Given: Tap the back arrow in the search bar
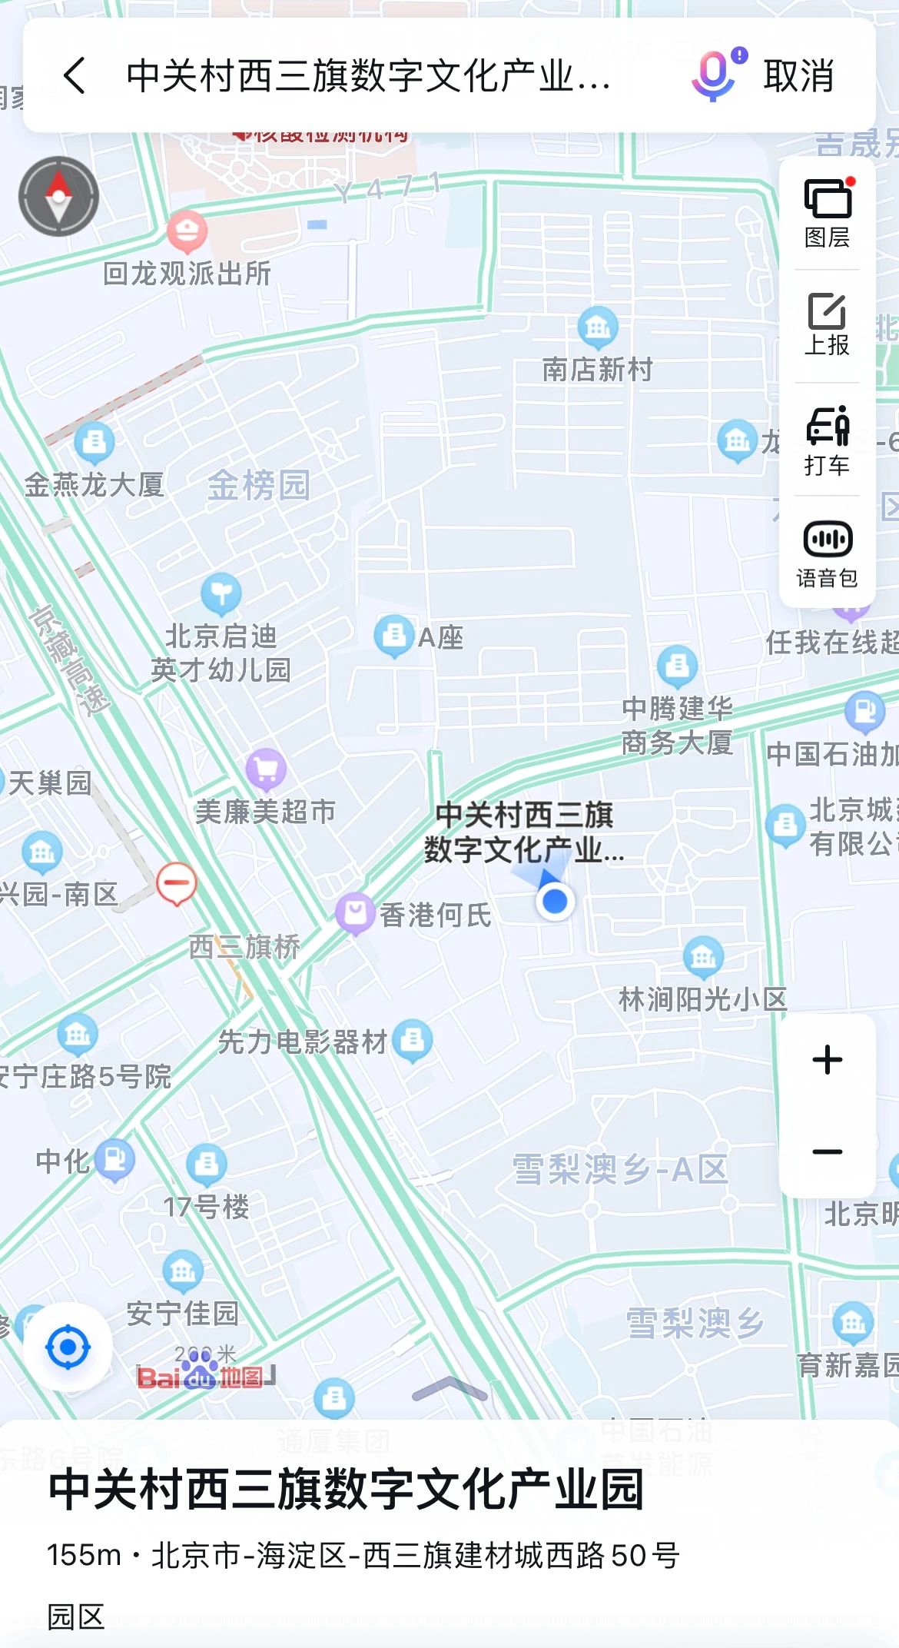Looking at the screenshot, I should [x=75, y=75].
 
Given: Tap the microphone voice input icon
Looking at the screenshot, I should [x=715, y=75].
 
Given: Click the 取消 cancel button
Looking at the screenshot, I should [x=798, y=76].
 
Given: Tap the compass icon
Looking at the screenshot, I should [x=59, y=196].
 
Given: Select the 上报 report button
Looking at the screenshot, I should [x=827, y=325].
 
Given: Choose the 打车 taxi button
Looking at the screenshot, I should [x=827, y=440].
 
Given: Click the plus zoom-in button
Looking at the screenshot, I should [x=828, y=1060].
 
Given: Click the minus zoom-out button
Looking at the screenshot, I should [x=828, y=1151].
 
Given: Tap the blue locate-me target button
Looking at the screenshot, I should [x=68, y=1347].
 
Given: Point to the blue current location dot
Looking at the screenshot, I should [x=555, y=901].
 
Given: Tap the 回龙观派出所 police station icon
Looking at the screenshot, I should [x=187, y=231].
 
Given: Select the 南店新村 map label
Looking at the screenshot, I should [x=597, y=370].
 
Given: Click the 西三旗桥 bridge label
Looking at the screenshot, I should [x=244, y=947].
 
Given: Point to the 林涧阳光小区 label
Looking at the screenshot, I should [x=703, y=999].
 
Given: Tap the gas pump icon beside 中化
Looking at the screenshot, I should [x=115, y=1158].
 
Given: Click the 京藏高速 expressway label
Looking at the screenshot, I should [x=70, y=661].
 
